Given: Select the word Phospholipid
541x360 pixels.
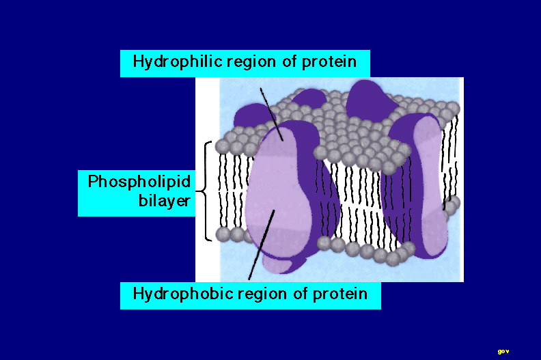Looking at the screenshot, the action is coord(139,182).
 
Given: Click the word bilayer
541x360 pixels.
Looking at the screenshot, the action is coord(164,200).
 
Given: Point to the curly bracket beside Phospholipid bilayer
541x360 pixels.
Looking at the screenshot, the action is coord(204,191).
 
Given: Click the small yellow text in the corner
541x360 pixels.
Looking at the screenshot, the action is coord(503,352).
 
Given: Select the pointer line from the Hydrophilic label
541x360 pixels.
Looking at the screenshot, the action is coord(272,114).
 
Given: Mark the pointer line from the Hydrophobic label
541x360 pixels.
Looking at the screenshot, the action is coord(262,245).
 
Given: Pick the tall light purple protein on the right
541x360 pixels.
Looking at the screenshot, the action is coord(430,186).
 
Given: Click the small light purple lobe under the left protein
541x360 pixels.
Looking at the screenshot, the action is coord(276,265).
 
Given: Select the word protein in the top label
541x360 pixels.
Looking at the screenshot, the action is coord(329,62).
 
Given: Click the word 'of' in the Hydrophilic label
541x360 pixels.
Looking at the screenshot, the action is coord(289,61).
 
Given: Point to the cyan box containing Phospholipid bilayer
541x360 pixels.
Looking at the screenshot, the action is coord(137,193).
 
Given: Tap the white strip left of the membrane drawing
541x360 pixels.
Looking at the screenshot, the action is coord(208,180).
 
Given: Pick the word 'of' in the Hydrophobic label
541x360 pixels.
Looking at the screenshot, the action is coord(299,294).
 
